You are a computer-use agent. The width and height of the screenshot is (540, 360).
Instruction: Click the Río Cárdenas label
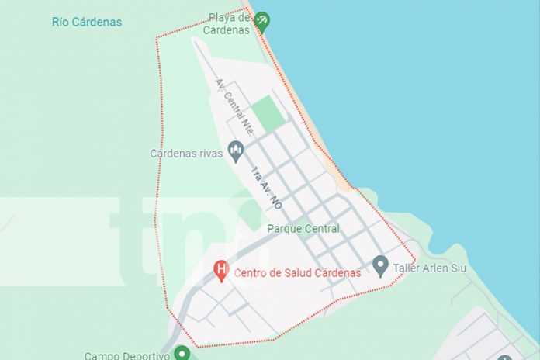87,22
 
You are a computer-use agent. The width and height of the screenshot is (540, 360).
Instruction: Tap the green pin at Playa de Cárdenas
262,20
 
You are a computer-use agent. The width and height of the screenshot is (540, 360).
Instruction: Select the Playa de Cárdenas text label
228,24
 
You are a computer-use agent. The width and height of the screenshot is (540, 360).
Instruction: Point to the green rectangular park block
268,113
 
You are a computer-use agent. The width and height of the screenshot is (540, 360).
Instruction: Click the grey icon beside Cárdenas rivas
236,151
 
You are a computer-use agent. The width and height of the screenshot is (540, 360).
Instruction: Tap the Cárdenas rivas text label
186,154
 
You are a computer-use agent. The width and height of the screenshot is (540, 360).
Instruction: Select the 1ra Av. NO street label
265,189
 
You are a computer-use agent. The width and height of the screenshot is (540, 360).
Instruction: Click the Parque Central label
303,229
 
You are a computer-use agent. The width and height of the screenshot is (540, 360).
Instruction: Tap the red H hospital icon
221,271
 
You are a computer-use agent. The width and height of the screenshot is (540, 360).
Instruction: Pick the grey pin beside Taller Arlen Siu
380,266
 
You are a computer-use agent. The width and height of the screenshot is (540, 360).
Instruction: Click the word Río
61,22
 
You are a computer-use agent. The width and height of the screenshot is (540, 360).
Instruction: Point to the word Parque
284,229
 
